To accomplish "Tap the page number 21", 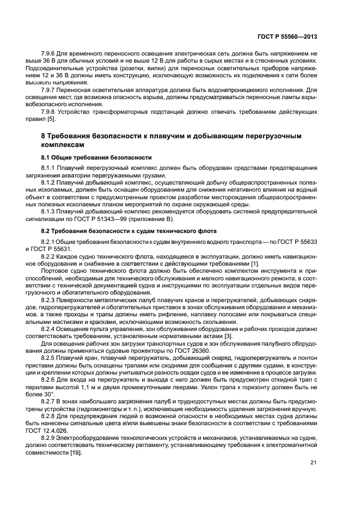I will (313, 463).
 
